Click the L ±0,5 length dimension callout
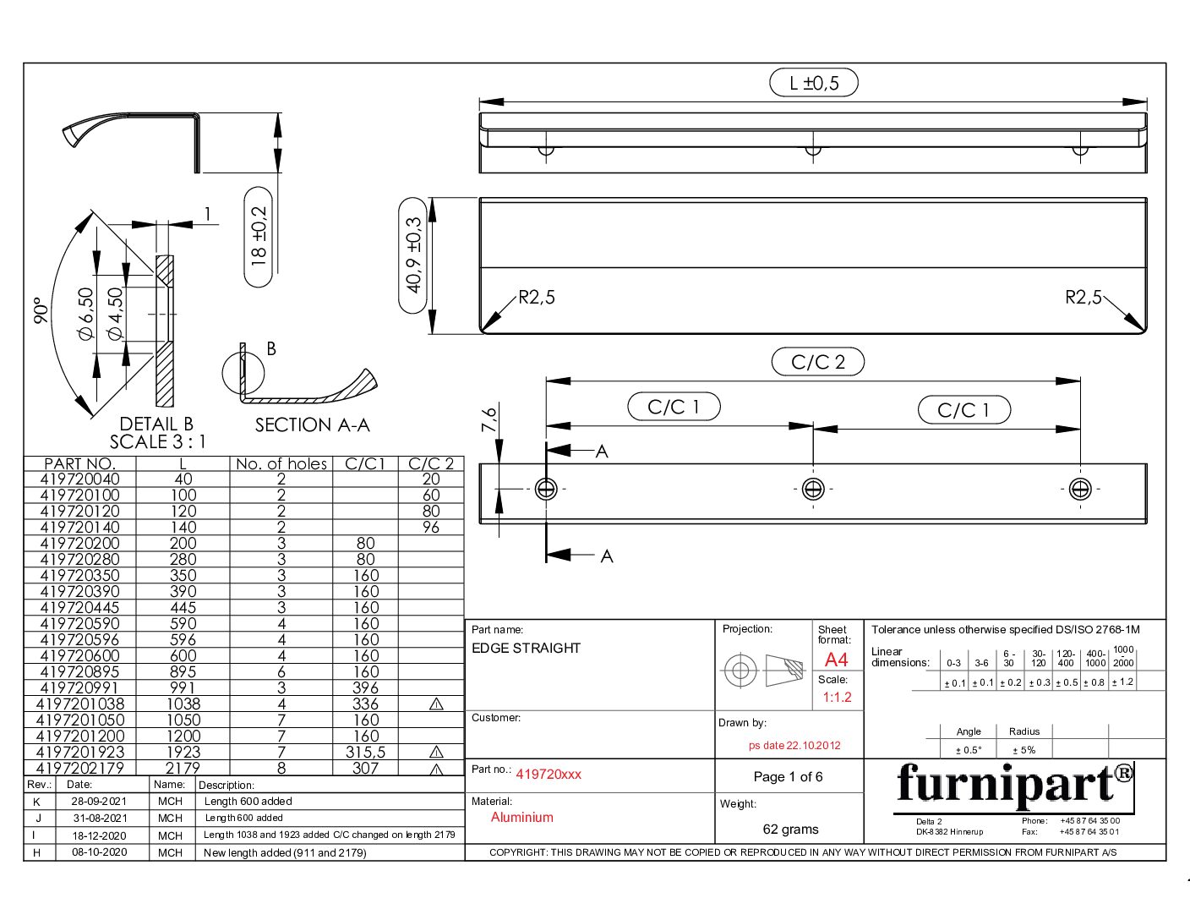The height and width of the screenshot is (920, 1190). [813, 83]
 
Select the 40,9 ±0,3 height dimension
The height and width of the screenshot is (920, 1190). [413, 256]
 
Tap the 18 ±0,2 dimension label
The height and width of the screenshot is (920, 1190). [258, 237]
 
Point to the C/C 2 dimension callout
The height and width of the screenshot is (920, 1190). [817, 362]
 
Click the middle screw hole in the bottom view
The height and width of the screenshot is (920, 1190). [813, 489]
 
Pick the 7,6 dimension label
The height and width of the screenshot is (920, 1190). [489, 419]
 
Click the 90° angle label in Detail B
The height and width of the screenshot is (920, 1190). [41, 310]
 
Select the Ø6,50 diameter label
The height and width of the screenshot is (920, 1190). [86, 314]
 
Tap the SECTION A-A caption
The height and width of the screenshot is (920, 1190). [312, 424]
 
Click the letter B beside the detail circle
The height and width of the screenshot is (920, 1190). [271, 348]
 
